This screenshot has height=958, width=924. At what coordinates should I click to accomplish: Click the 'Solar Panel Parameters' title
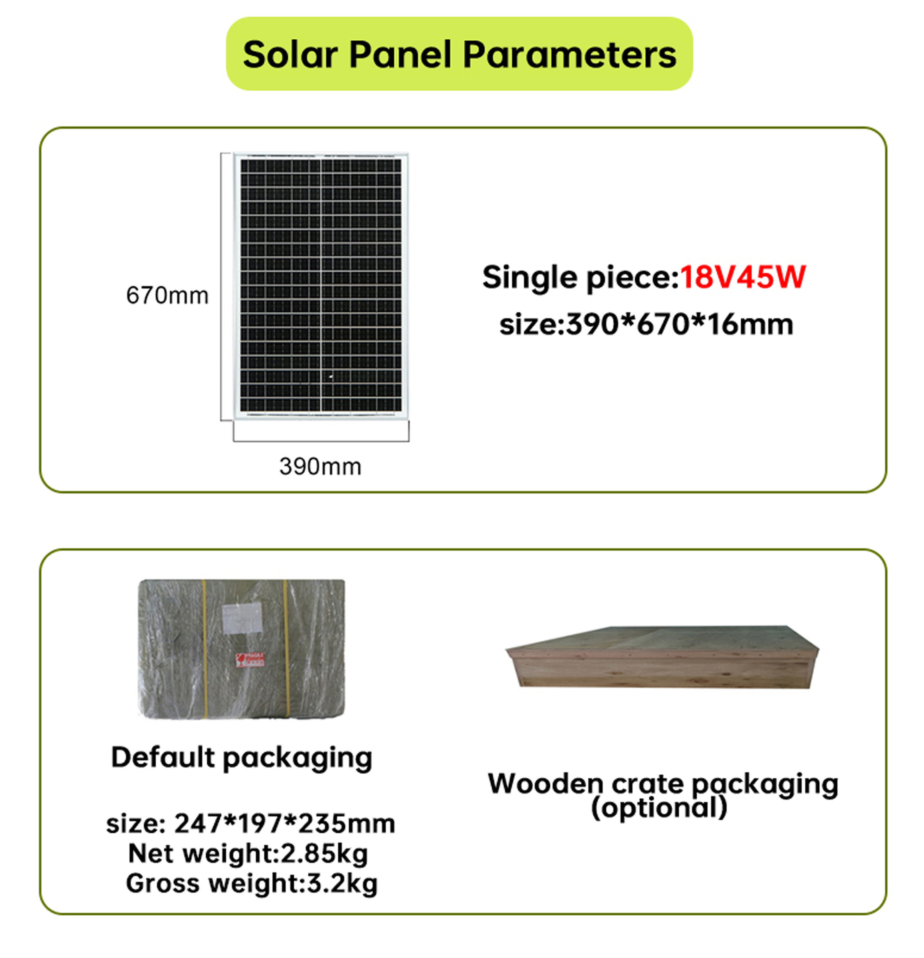click(459, 54)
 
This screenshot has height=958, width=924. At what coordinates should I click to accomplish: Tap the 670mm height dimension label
click(167, 295)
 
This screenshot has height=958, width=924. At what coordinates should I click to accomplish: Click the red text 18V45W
click(742, 277)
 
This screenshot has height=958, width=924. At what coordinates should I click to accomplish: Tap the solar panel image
click(321, 285)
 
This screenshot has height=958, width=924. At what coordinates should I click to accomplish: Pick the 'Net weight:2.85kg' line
click(248, 854)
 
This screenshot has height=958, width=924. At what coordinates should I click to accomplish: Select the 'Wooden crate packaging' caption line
click(663, 784)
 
